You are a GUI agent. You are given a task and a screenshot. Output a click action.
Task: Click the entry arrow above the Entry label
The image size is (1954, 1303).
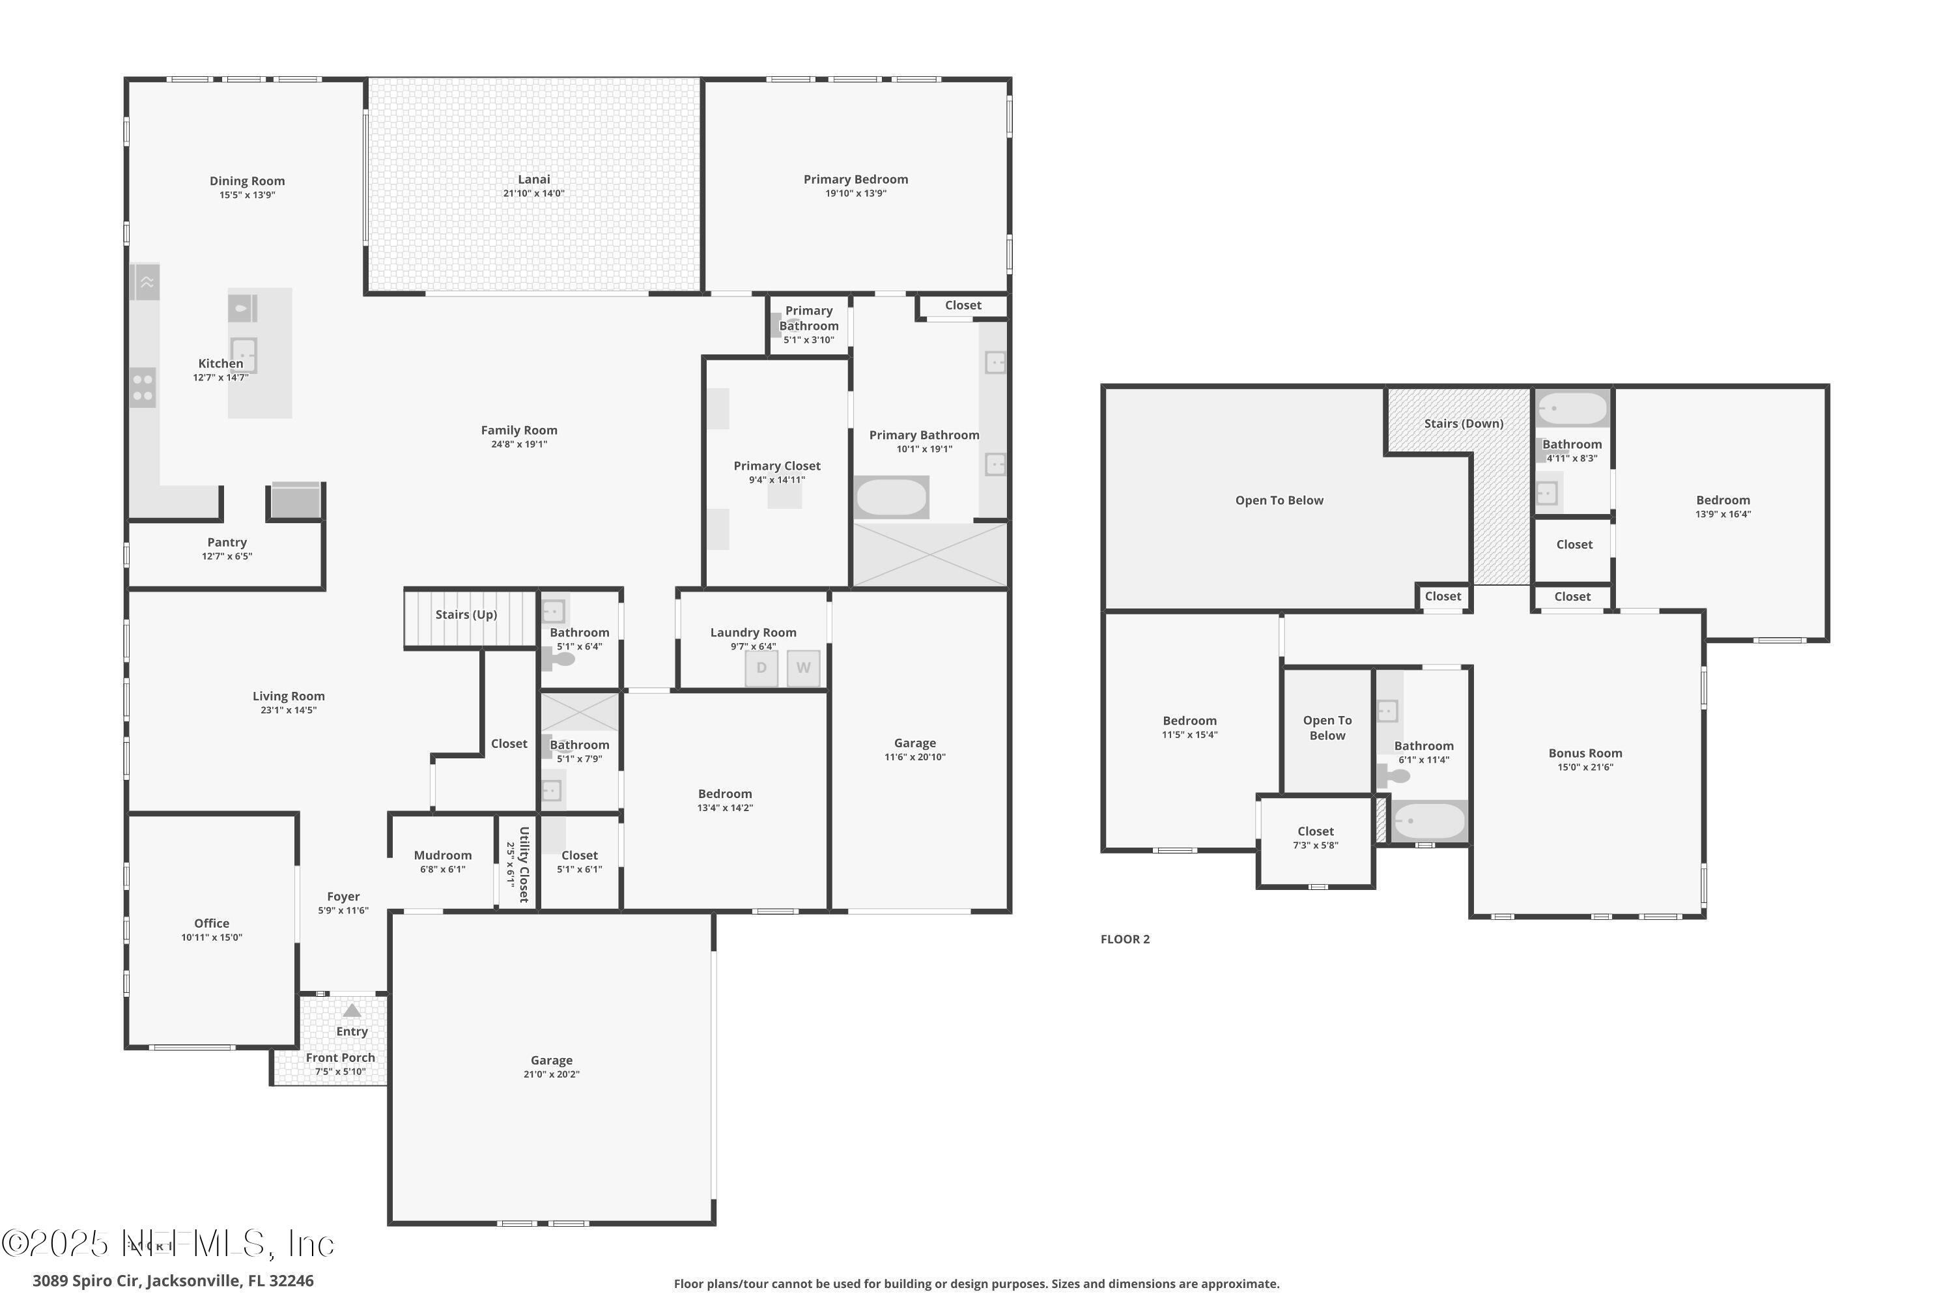coord(352,1011)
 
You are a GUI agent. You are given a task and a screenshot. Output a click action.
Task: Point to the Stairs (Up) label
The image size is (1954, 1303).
coord(466,615)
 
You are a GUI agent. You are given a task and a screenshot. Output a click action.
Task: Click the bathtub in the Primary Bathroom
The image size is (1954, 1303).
coord(890,498)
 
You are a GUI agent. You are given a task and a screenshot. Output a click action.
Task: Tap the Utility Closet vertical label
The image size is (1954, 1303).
coord(524,865)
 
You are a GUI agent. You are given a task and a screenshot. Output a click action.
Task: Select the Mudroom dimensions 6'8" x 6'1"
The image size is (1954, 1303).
coord(443,870)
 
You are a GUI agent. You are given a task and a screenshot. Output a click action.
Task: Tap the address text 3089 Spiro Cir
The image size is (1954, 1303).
coord(173,1281)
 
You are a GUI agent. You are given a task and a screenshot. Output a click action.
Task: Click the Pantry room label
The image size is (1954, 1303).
coord(227,543)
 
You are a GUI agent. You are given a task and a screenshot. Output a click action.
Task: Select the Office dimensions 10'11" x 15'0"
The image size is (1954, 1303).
coord(212,938)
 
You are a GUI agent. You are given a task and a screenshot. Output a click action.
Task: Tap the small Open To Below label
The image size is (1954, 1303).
coord(1327,728)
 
